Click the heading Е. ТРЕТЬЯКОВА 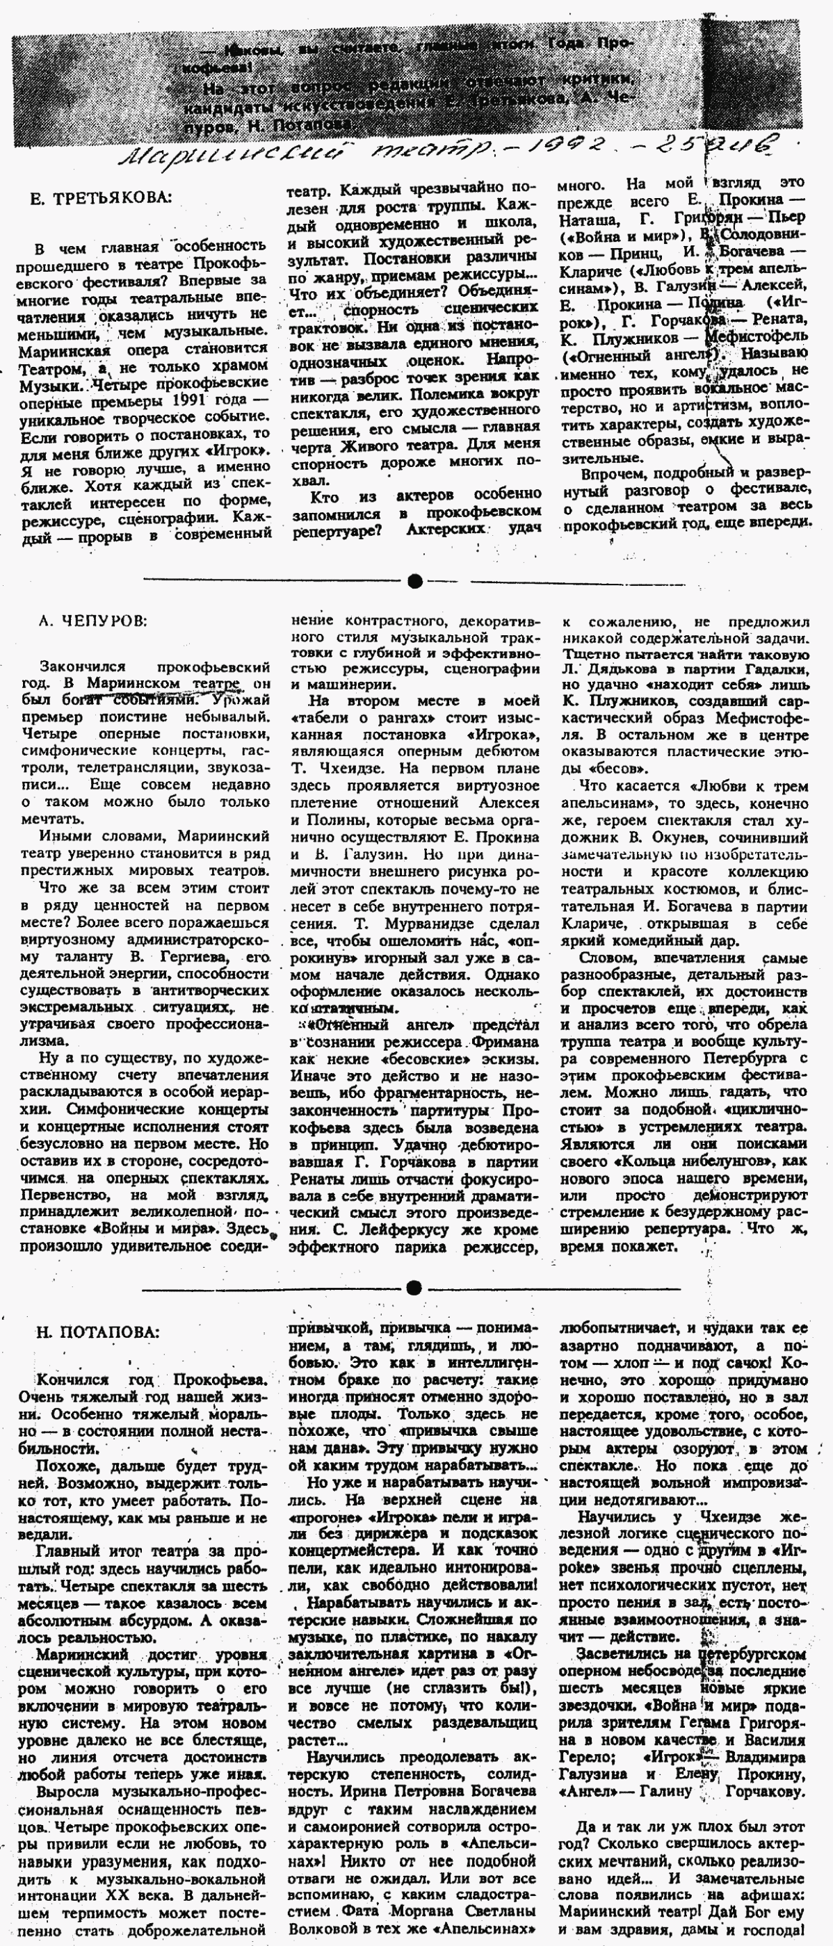pos(102,199)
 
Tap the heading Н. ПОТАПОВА pos(97,1332)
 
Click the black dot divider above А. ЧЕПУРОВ pos(414,581)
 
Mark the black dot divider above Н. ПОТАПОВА pos(414,1286)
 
